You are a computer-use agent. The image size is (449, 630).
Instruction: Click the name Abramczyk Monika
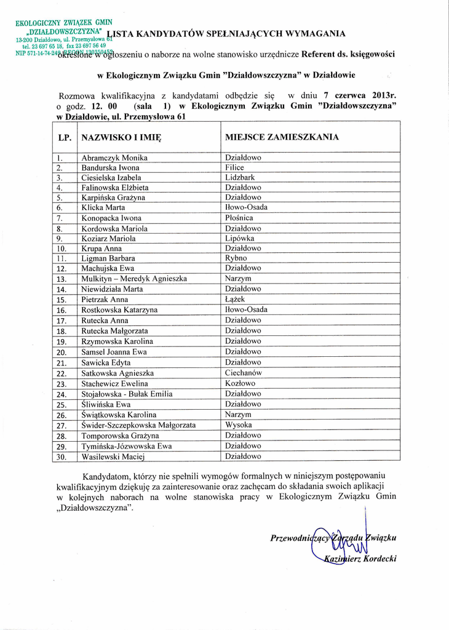(114, 157)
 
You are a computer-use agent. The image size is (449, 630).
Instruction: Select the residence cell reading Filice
(234, 167)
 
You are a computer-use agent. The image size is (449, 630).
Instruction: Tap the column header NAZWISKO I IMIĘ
(121, 138)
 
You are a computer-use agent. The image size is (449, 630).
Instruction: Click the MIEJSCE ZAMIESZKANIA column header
(282, 137)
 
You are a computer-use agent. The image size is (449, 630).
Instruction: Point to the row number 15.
(62, 300)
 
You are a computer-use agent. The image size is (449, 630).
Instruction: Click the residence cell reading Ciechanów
(244, 373)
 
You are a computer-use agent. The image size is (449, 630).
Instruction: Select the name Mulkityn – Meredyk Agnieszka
(134, 279)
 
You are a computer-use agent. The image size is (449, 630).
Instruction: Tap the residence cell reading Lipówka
(240, 239)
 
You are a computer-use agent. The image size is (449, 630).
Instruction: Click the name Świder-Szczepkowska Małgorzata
(138, 425)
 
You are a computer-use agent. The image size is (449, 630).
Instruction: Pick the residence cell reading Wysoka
(238, 425)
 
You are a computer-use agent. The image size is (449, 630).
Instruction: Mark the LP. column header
(65, 138)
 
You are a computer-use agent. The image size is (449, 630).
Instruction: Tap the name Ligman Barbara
(108, 258)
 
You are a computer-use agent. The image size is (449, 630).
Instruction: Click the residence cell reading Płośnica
(239, 218)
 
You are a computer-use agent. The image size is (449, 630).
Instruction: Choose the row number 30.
(62, 457)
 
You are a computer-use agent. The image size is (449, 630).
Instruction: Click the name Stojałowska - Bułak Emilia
(127, 394)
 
